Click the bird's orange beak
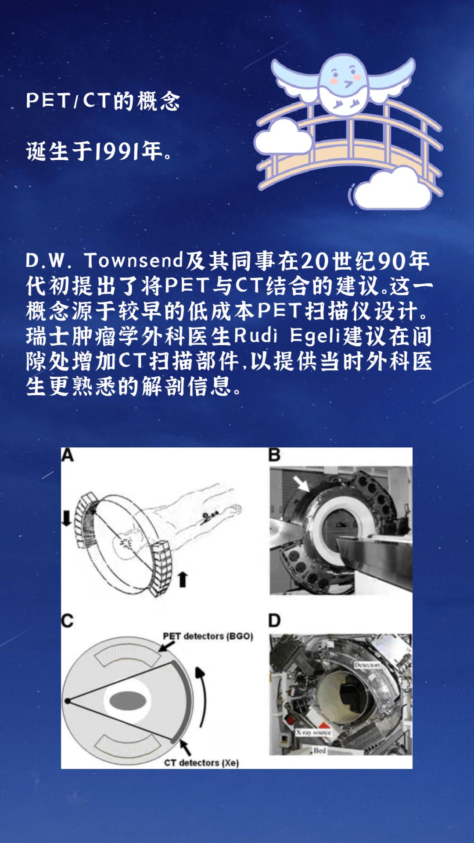348,83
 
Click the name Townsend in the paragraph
133,260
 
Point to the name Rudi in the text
255,336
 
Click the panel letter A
67,455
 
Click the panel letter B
274,455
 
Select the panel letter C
67,621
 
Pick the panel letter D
274,621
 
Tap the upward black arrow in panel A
183,579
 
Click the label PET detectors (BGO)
208,636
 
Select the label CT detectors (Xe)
201,763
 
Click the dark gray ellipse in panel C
127,701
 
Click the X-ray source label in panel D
313,732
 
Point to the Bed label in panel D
320,750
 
